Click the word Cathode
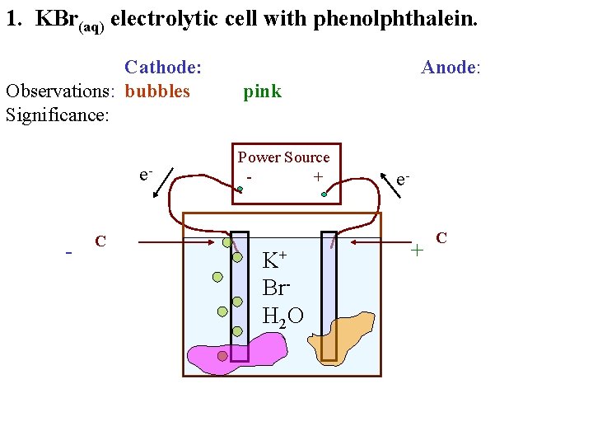[162, 67]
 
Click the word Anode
[449, 67]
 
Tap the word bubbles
[157, 91]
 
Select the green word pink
[262, 91]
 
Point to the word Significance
[57, 115]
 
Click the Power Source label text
[283, 157]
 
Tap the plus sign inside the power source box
[317, 176]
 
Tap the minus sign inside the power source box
[249, 176]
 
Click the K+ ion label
[273, 260]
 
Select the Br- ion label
[274, 288]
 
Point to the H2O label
[282, 315]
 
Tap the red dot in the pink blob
[222, 356]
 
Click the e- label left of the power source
[145, 175]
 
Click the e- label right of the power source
[403, 179]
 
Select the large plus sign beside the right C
[418, 247]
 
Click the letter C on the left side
[100, 241]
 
